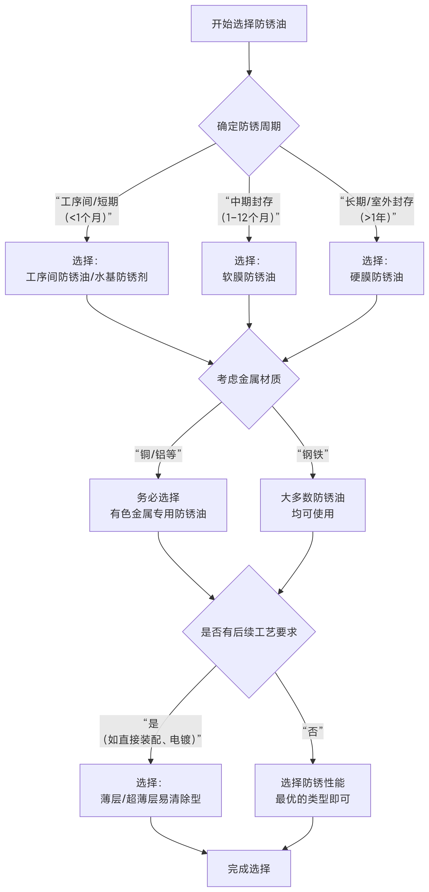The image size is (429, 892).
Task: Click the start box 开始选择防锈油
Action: tap(249, 24)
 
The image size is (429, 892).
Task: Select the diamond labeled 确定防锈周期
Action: tap(249, 126)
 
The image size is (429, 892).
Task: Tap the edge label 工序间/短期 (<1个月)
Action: tap(87, 209)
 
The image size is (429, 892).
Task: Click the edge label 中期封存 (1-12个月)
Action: tap(249, 209)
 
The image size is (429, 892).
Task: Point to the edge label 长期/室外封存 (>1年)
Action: tap(376, 209)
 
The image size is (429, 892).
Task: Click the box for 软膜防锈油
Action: tap(249, 268)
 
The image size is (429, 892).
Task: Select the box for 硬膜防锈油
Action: tap(376, 268)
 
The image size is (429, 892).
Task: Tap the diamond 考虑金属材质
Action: tap(249, 379)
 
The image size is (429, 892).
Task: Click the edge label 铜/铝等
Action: tap(158, 454)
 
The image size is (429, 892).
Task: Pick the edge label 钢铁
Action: tap(313, 454)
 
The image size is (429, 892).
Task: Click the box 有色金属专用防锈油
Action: tap(158, 505)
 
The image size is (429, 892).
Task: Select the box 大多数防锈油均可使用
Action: tap(313, 505)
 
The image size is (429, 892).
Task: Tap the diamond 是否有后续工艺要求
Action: tap(249, 632)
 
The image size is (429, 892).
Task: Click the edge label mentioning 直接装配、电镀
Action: tap(151, 731)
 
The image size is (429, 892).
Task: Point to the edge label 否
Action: tap(313, 731)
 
